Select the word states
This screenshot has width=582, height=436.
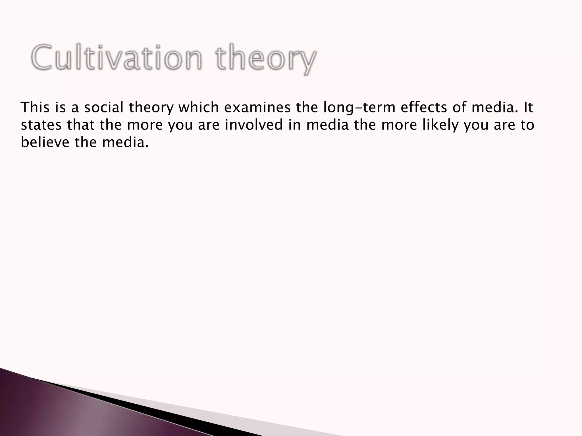point(41,125)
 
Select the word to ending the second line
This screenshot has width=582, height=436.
point(527,125)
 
